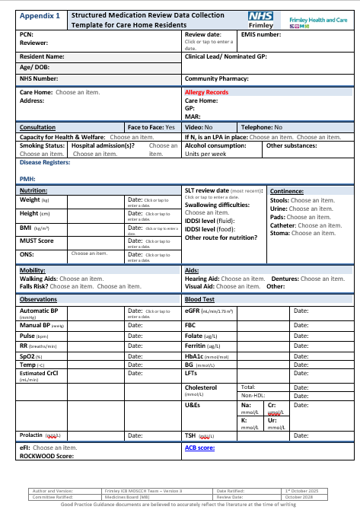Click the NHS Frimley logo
click(x=272, y=20)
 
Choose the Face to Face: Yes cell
click(x=151, y=127)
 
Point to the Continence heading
click(x=287, y=191)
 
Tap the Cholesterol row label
click(x=201, y=387)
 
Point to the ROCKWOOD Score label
click(x=46, y=457)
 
